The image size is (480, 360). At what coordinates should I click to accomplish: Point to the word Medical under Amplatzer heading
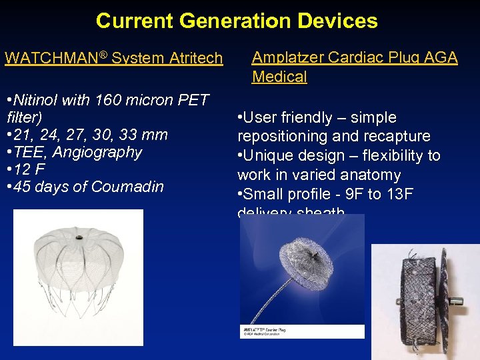[279, 77]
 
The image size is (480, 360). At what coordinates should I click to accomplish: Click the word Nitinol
[32, 101]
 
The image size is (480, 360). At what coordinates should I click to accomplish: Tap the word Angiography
[97, 152]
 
